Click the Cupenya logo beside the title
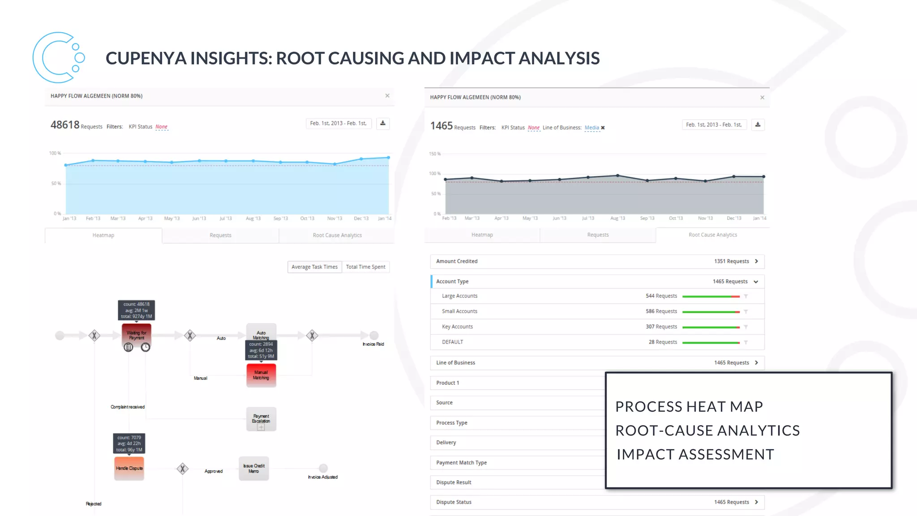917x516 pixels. pos(58,57)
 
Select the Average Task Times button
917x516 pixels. pos(314,267)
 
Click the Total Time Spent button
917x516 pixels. pos(365,267)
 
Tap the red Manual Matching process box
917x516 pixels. pos(261,375)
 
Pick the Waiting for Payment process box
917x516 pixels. pos(136,335)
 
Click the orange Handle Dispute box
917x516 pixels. pos(129,468)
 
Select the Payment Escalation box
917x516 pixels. pos(261,419)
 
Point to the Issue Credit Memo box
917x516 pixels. pos(254,469)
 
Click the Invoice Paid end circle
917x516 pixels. pos(374,335)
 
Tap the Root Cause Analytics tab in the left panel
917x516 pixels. pos(337,235)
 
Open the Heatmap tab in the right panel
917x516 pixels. pos(482,235)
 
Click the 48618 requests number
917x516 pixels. pos(65,125)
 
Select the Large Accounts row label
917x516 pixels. pos(459,296)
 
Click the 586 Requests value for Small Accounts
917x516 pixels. pos(661,311)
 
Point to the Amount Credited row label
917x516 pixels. pos(457,261)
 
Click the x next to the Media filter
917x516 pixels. pos(603,128)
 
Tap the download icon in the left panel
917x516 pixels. pos(383,123)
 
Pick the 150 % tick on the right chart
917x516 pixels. pos(434,154)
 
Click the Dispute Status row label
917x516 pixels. pos(454,502)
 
